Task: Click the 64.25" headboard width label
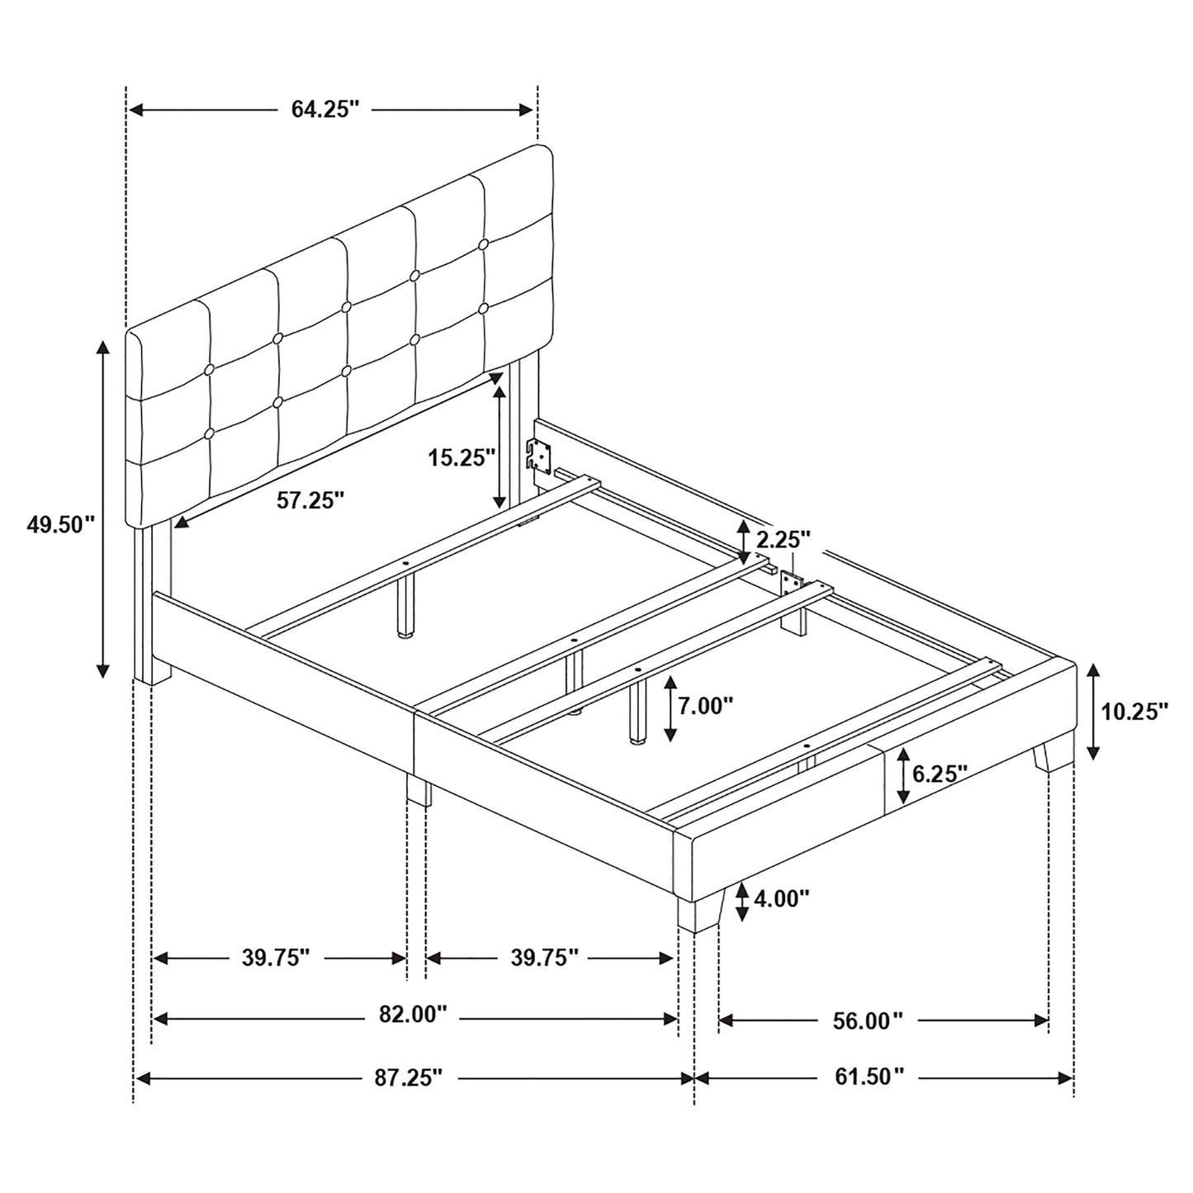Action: (325, 110)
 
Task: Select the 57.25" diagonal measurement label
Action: (310, 500)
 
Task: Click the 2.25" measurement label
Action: (783, 540)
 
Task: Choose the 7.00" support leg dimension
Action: (705, 706)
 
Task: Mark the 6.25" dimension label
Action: (939, 774)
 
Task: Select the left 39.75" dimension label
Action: (276, 958)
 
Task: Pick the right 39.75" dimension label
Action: (545, 958)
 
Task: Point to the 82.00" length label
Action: (413, 1015)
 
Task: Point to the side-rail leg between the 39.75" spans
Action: (419, 790)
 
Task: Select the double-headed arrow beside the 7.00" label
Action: (670, 707)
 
